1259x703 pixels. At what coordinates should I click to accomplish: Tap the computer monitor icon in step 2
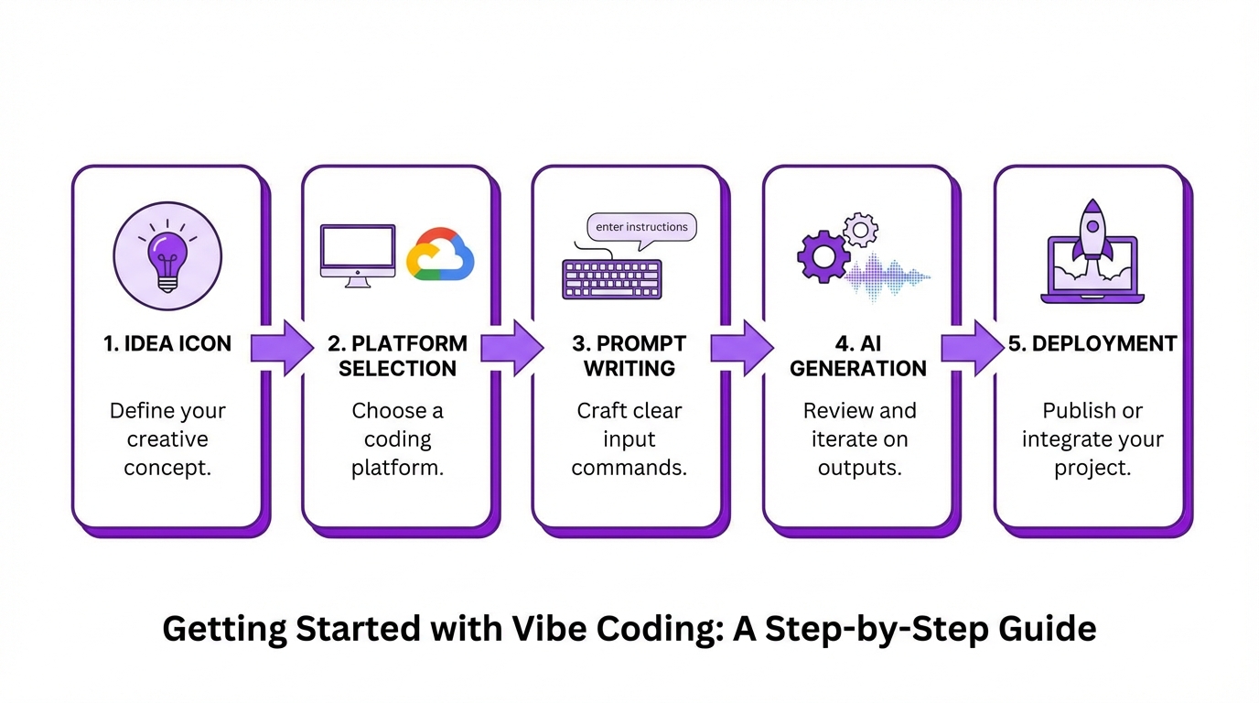pos(357,254)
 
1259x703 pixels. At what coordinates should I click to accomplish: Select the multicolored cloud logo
pos(440,254)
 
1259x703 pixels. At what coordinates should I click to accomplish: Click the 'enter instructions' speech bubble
pos(640,228)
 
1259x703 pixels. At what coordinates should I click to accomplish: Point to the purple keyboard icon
pos(611,278)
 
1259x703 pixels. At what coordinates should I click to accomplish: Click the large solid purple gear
pos(823,255)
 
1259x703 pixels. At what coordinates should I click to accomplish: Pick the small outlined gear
pos(860,228)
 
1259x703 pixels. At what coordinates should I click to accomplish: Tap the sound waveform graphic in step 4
pos(888,276)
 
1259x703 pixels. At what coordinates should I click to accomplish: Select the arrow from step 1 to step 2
pos(282,348)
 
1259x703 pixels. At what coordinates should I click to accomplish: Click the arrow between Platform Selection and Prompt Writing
pos(512,348)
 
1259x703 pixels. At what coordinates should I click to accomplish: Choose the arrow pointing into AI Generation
pos(743,348)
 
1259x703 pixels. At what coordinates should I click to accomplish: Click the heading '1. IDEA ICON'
pos(167,343)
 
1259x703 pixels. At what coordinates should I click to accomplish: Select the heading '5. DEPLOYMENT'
pos(1092,343)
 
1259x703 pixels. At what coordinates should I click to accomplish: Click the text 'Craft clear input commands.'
pos(629,438)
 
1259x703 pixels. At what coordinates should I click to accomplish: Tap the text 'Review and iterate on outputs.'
pos(859,438)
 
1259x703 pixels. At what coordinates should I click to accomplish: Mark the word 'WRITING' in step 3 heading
pos(629,368)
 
